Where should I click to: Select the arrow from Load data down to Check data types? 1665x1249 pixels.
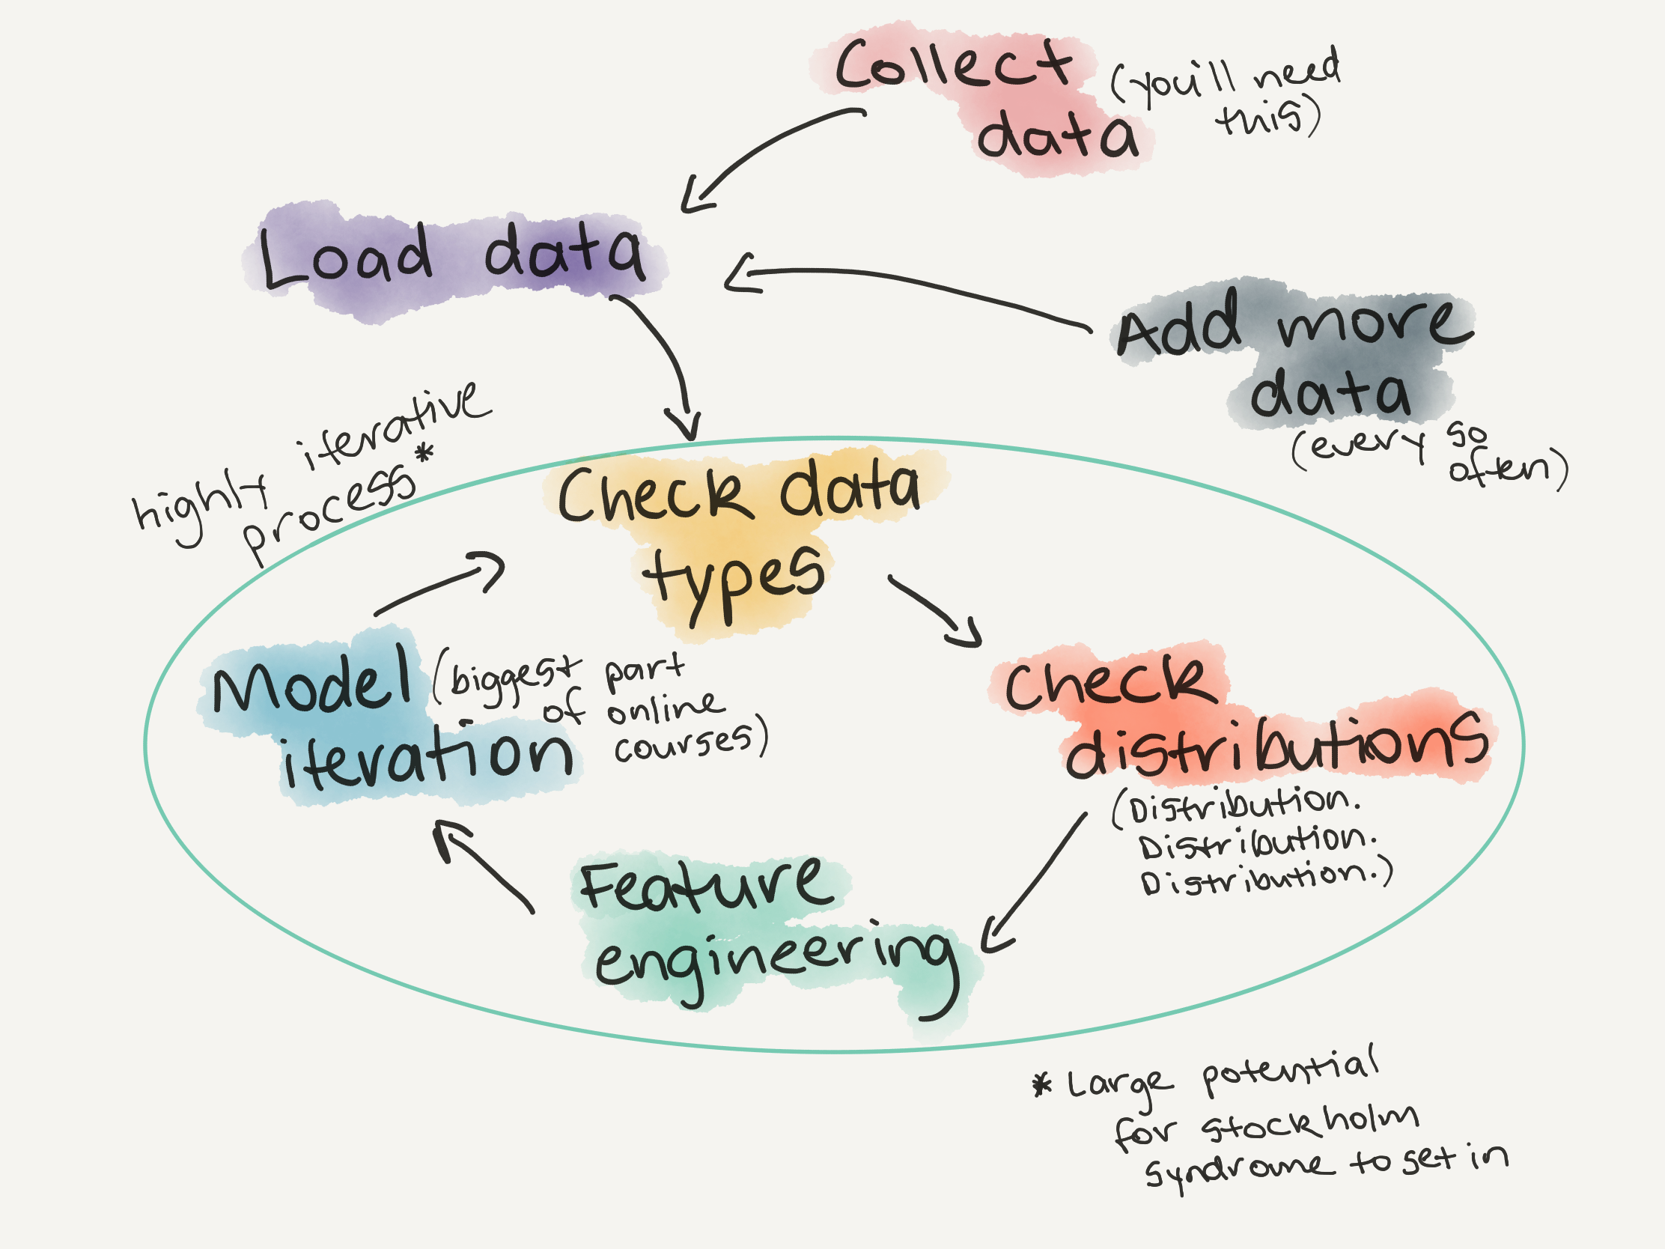click(666, 362)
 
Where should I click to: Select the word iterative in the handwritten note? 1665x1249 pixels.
click(395, 426)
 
